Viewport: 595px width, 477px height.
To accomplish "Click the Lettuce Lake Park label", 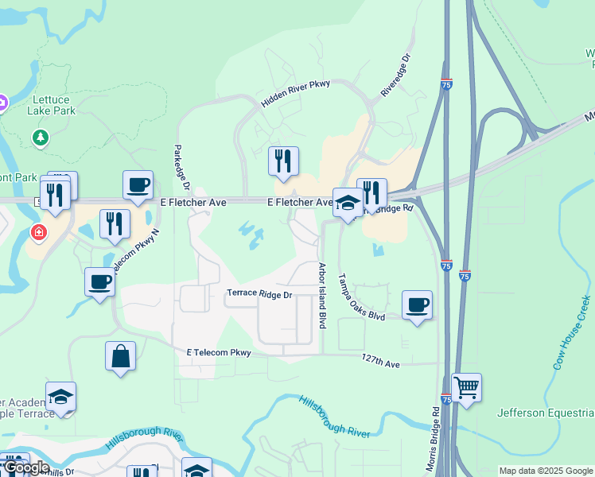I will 52,105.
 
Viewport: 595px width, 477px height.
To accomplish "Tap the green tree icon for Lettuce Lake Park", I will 41,138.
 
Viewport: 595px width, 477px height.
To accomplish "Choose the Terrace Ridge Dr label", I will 260,294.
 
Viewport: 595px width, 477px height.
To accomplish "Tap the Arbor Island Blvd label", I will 322,296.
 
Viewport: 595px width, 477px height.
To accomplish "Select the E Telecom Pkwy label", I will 219,352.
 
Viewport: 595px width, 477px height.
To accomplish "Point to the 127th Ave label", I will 380,361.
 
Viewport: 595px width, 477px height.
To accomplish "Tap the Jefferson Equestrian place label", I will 546,413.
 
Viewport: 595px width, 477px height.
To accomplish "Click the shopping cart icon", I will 466,388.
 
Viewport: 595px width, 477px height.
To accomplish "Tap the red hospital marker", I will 38,233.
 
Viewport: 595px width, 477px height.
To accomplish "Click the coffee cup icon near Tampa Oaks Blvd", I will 417,305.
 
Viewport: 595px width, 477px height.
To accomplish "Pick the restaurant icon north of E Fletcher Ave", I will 283,161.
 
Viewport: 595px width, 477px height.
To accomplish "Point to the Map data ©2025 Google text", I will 546,471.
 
